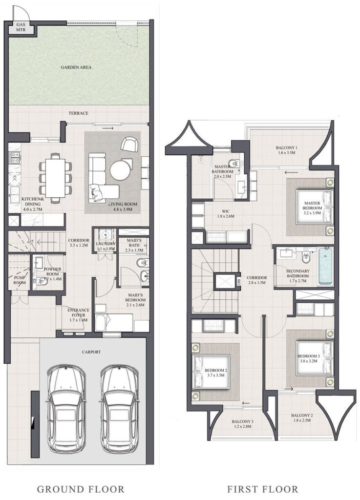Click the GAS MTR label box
pyautogui.click(x=21, y=28)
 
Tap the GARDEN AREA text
pyautogui.click(x=76, y=67)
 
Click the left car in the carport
pyautogui.click(x=66, y=408)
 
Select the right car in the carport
pyautogui.click(x=120, y=408)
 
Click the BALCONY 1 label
pyautogui.click(x=287, y=147)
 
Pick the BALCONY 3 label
pyautogui.click(x=242, y=421)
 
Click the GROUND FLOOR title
pyautogui.click(x=81, y=489)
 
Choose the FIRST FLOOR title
pyautogui.click(x=262, y=489)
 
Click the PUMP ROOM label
pyautogui.click(x=18, y=280)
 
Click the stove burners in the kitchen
pyautogui.click(x=14, y=158)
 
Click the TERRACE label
pyautogui.click(x=78, y=113)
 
